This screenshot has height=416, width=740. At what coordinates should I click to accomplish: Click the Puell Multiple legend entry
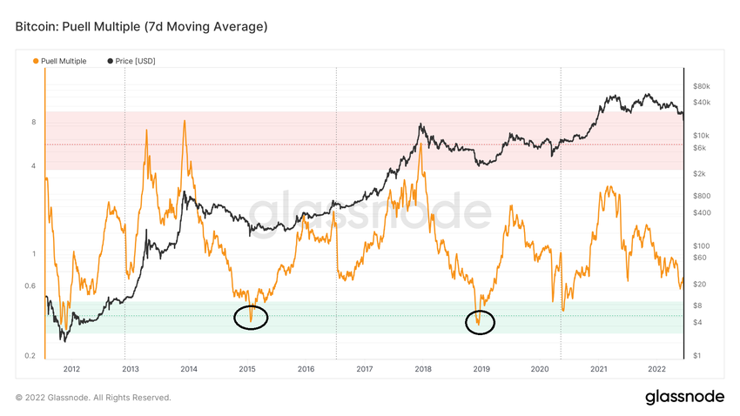[x=63, y=61]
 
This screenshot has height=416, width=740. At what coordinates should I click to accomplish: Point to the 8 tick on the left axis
[x=33, y=122]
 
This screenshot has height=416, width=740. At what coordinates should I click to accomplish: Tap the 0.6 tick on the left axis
[x=30, y=286]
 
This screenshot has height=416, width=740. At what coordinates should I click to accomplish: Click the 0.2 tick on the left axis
[x=30, y=356]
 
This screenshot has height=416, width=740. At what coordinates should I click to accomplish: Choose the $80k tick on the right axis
[x=702, y=86]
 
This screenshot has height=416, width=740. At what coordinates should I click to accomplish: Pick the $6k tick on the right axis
[x=699, y=148]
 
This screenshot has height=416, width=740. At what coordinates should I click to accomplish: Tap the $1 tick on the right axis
[x=696, y=356]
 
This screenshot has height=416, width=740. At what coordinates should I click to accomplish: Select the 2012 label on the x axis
[x=71, y=369]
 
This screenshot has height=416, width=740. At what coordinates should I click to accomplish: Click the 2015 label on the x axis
[x=247, y=369]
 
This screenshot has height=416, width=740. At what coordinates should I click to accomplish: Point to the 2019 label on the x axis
[x=481, y=369]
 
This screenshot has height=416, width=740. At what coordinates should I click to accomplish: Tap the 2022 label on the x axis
[x=657, y=369]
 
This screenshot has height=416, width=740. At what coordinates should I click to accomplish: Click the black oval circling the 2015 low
[x=251, y=318]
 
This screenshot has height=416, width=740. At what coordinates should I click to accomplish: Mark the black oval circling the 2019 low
[x=480, y=322]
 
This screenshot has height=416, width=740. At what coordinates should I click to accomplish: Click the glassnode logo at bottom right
[x=684, y=397]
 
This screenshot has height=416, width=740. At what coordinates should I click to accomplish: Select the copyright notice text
[x=93, y=398]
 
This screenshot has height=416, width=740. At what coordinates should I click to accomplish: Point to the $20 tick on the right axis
[x=699, y=284]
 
